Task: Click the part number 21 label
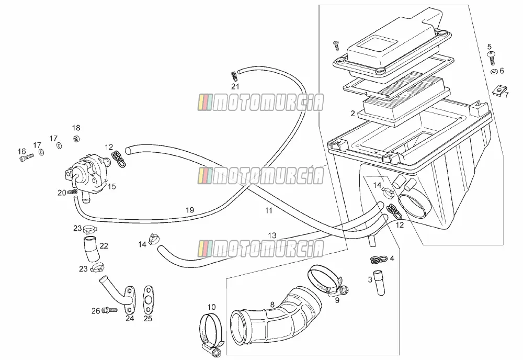tap(235, 87)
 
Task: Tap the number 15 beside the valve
tap(112, 186)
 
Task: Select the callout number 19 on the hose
tap(190, 210)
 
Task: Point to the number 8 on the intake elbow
tap(272, 305)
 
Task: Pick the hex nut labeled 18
tap(76, 138)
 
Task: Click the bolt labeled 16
tap(27, 157)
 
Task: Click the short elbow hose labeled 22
tap(91, 249)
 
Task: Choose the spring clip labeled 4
tap(379, 259)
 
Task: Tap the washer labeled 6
tap(493, 71)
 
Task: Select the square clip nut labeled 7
tap(499, 89)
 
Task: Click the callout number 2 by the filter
tap(353, 114)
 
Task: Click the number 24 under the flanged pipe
tap(130, 318)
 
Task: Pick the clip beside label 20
tap(73, 192)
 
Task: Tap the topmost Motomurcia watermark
tap(261, 103)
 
